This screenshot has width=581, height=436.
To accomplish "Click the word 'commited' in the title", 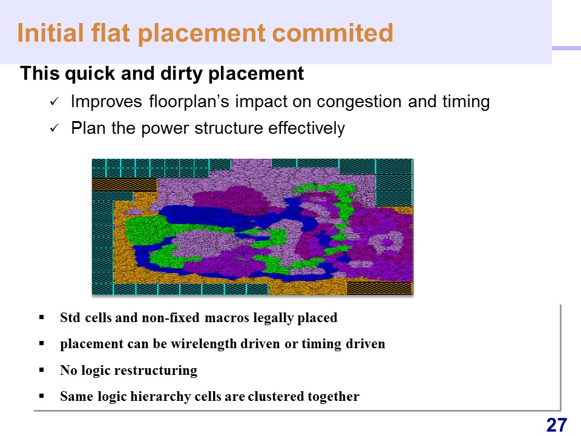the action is click(x=332, y=33).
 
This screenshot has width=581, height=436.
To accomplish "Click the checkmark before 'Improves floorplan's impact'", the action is click(x=54, y=102).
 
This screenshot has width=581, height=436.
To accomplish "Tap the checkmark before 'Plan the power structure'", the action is click(x=54, y=128).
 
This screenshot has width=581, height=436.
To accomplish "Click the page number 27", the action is click(x=557, y=425).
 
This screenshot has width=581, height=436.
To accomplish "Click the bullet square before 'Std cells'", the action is click(x=42, y=317).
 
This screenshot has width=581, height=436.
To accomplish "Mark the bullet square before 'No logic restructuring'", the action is click(x=42, y=369).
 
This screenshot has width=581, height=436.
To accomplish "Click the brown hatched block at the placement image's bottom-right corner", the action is click(x=379, y=288).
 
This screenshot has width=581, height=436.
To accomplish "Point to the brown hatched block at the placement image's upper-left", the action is click(x=125, y=185).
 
